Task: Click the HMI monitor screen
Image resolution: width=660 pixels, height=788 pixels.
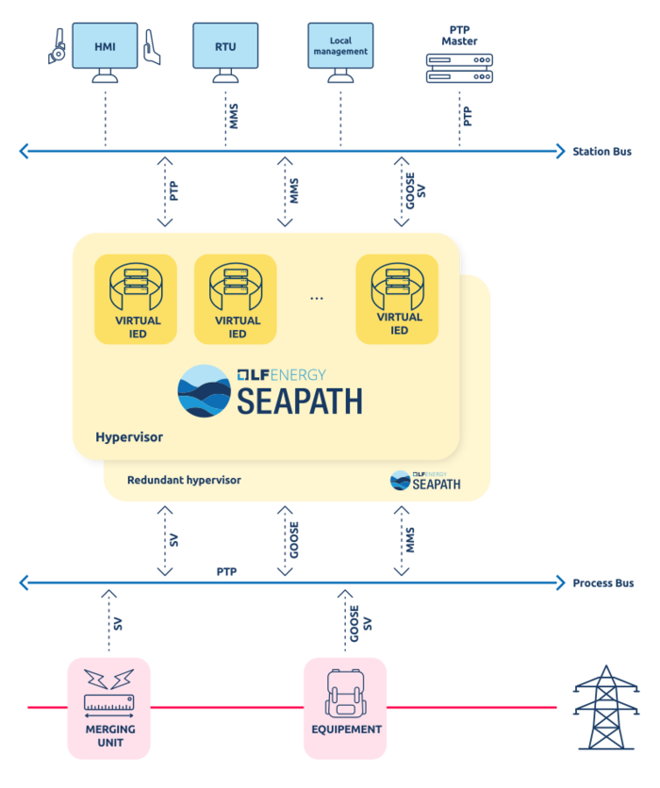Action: tap(105, 46)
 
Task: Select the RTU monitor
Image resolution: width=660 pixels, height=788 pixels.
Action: tap(225, 46)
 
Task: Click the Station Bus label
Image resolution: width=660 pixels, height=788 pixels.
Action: tap(602, 151)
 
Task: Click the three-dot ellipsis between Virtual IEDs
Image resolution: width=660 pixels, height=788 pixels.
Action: tap(317, 298)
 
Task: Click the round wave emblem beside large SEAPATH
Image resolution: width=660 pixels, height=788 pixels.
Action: tap(204, 390)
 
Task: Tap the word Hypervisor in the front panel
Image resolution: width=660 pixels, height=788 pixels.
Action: tap(129, 437)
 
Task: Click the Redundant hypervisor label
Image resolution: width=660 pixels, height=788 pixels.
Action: tap(184, 480)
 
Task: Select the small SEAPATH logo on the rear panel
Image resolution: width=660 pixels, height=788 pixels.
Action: tap(425, 481)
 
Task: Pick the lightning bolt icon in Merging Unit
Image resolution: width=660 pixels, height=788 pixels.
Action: tap(108, 680)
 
